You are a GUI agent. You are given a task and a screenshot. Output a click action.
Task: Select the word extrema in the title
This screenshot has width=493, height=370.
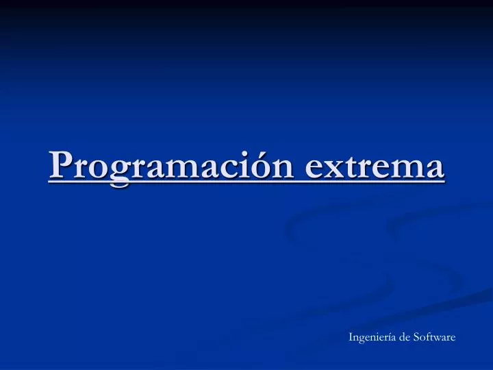pos(374,167)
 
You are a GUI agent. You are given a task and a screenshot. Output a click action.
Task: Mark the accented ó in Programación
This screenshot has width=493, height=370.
pos(262,167)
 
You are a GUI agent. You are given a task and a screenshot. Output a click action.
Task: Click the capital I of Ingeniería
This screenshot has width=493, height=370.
pos(351,337)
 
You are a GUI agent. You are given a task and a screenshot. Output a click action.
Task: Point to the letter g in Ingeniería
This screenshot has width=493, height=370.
pos(364,339)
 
